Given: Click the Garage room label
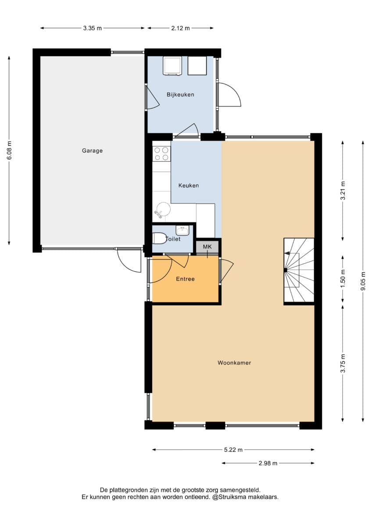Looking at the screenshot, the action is [x=92, y=151].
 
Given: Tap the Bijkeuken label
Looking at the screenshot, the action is [x=180, y=95].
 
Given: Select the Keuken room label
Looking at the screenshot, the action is [x=189, y=185].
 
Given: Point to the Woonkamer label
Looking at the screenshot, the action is [x=234, y=363].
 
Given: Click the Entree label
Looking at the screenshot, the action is [x=185, y=279].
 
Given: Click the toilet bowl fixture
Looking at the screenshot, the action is [x=159, y=238].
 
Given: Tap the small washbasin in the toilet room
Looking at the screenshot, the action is [x=182, y=231].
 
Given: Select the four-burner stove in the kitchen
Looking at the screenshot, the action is [x=161, y=153].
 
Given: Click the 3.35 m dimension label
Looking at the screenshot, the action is [x=93, y=28].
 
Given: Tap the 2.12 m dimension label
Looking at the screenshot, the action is [x=180, y=28].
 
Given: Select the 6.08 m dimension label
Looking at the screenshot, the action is [x=9, y=150].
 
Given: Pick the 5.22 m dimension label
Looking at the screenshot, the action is [x=233, y=450].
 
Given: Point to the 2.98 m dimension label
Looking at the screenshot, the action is [x=268, y=463].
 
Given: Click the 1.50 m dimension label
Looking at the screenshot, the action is [x=343, y=279].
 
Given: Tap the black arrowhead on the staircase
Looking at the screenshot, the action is [x=286, y=253].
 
